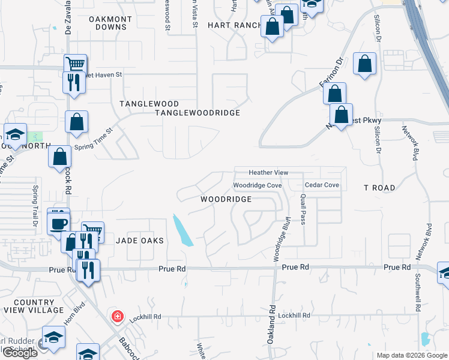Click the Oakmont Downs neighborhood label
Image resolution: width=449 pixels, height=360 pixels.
pyautogui.click(x=110, y=23)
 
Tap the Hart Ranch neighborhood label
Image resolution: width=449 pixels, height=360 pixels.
pyautogui.click(x=234, y=25)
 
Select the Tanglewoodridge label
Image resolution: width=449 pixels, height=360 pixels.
pyautogui.click(x=197, y=113)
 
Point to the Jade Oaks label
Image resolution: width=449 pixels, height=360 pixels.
pyautogui.click(x=140, y=240)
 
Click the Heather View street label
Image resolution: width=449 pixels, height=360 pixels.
pyautogui.click(x=269, y=173)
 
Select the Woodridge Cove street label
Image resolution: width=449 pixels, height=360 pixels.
pyautogui.click(x=258, y=186)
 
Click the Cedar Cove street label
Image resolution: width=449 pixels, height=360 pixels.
pyautogui.click(x=322, y=185)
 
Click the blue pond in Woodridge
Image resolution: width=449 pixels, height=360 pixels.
pyautogui.click(x=183, y=231)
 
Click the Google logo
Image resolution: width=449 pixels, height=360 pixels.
pyautogui.click(x=20, y=353)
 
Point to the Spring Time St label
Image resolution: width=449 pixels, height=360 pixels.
pyautogui.click(x=93, y=139)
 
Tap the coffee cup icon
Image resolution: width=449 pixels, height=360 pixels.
pyautogui.click(x=59, y=223)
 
